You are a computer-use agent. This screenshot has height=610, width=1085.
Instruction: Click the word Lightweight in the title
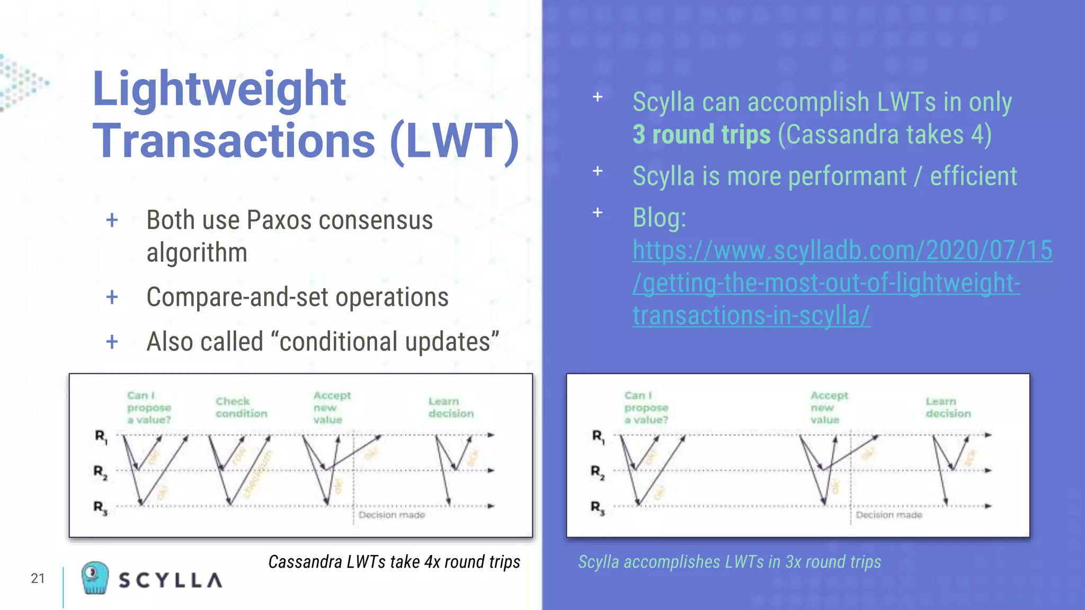coord(219,89)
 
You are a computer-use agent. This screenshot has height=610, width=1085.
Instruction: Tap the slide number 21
coord(38,578)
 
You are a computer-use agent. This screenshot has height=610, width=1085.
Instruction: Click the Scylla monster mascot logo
coord(95,578)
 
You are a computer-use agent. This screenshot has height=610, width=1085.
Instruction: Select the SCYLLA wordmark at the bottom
coord(171,580)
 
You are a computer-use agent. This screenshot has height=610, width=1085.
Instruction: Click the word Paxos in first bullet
coord(280,220)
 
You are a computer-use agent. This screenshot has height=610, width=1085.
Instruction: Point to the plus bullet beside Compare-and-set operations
coord(112,297)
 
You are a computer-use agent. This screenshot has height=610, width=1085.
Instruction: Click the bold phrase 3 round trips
coord(701,134)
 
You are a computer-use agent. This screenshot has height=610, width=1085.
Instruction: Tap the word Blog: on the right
coord(659,218)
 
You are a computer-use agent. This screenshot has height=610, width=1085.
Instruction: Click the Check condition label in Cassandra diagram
coord(241,407)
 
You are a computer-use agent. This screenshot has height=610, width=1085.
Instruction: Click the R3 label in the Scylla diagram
coord(598,507)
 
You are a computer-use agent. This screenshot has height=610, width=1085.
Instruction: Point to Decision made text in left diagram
coord(392,515)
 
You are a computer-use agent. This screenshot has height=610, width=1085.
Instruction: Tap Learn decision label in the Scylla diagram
coord(948,407)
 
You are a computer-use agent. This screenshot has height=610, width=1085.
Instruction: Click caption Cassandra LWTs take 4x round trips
coord(394,561)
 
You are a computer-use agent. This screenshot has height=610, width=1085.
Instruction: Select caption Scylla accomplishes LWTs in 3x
coord(729,561)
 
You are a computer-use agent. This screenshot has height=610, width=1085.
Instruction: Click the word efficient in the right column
coord(973,176)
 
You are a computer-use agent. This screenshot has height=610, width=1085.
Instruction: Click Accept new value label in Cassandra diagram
coord(331,407)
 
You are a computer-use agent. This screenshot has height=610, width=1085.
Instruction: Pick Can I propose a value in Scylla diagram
coord(646,407)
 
